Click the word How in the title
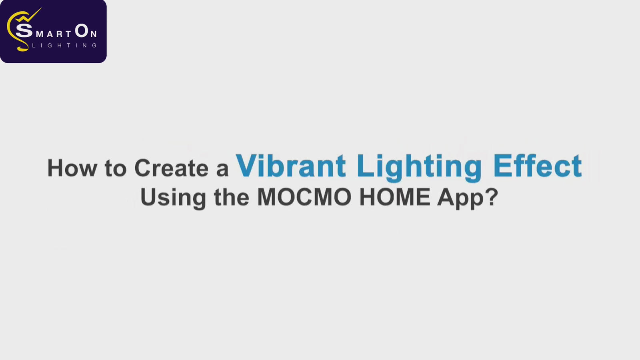(x=72, y=168)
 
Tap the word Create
(x=172, y=168)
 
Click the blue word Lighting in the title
(x=419, y=168)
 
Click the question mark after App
(x=492, y=196)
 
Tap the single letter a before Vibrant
(x=222, y=170)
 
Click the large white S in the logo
(x=24, y=30)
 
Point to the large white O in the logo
(x=82, y=30)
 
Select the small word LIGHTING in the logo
(x=64, y=46)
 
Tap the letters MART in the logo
(x=53, y=34)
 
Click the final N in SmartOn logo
(x=94, y=34)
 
